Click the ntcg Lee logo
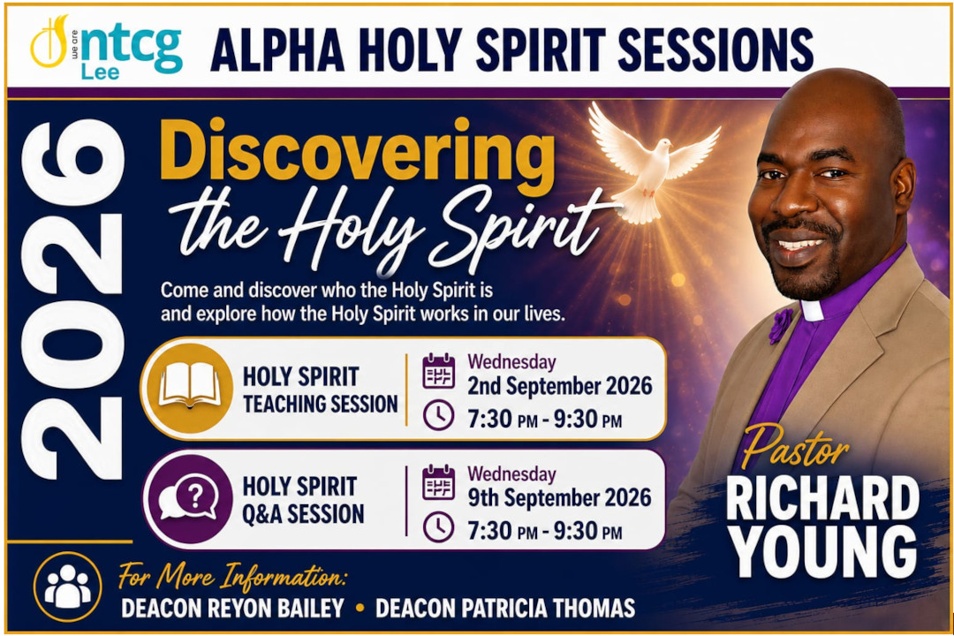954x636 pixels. point(107,48)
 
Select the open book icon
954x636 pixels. point(190,388)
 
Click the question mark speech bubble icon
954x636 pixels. point(189,499)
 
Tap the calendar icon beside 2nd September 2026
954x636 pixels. point(439,371)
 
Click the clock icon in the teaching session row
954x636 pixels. point(439,415)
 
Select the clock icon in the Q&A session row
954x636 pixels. point(439,527)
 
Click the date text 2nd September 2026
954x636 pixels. point(560,386)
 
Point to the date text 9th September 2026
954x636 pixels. point(560,498)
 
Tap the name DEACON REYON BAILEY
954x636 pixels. point(232,608)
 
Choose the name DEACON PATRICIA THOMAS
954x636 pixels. point(505,608)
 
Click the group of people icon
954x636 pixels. point(67,587)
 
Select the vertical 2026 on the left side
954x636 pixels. point(72,299)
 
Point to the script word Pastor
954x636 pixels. point(794,447)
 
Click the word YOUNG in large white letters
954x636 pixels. point(824,551)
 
